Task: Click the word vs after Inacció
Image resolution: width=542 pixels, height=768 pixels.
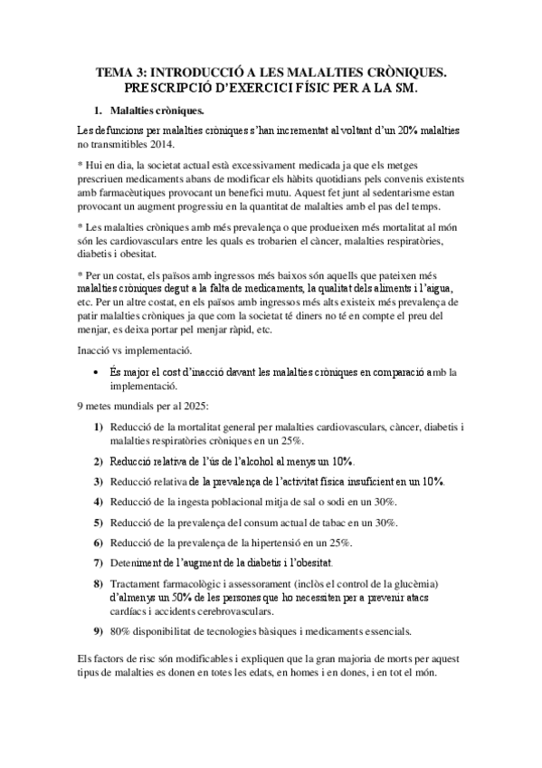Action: tap(121, 350)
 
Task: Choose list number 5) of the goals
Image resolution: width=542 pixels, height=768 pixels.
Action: tap(98, 523)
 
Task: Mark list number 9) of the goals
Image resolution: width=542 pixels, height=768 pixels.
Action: tap(98, 630)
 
